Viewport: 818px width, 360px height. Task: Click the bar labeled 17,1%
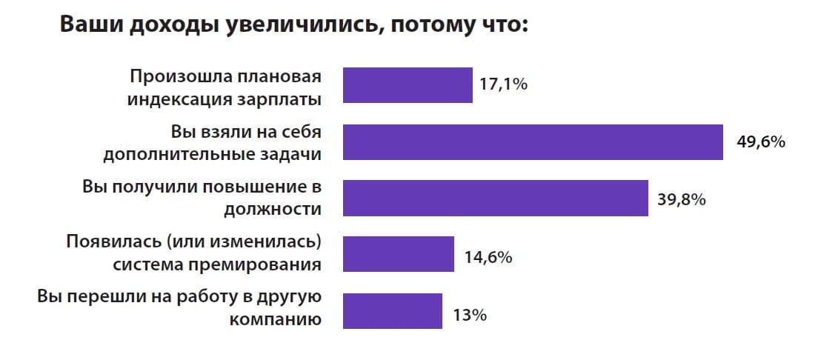(x=408, y=85)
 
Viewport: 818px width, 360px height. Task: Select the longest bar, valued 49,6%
(x=533, y=141)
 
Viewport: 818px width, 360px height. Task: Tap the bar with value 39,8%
(x=495, y=198)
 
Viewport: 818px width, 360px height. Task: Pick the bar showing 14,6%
(x=398, y=254)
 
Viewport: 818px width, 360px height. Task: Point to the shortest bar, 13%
(x=393, y=310)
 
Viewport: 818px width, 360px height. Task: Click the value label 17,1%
(x=503, y=85)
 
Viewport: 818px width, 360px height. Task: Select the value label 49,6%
(x=760, y=141)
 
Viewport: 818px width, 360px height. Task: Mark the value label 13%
(x=469, y=315)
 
